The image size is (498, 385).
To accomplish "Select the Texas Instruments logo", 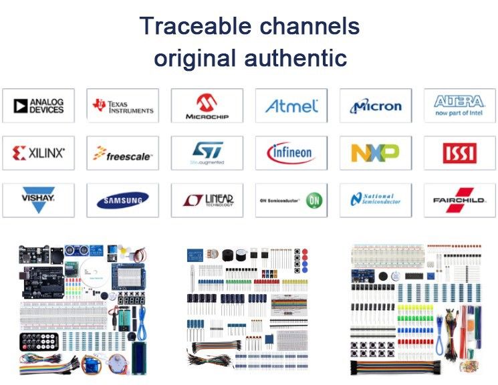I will [x=123, y=106].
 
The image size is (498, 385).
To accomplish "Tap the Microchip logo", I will [x=207, y=106].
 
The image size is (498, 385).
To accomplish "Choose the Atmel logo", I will [x=291, y=106].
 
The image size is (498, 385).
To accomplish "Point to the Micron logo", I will [x=376, y=106].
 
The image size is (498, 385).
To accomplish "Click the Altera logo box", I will [x=459, y=106].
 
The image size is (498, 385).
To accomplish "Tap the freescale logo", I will [x=123, y=154].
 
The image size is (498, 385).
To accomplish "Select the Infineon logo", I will [x=291, y=153].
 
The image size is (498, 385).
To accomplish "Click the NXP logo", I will [x=376, y=153].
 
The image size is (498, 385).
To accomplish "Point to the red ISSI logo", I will [x=459, y=154].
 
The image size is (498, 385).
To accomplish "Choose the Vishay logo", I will [x=39, y=200].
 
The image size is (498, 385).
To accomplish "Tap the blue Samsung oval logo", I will [x=123, y=201].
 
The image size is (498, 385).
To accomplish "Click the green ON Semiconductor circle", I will [x=314, y=200].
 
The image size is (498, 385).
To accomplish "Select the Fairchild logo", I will [x=459, y=201].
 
